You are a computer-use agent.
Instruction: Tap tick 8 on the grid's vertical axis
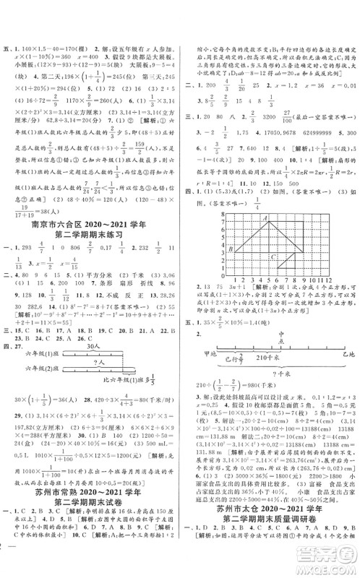(x=220, y=220)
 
